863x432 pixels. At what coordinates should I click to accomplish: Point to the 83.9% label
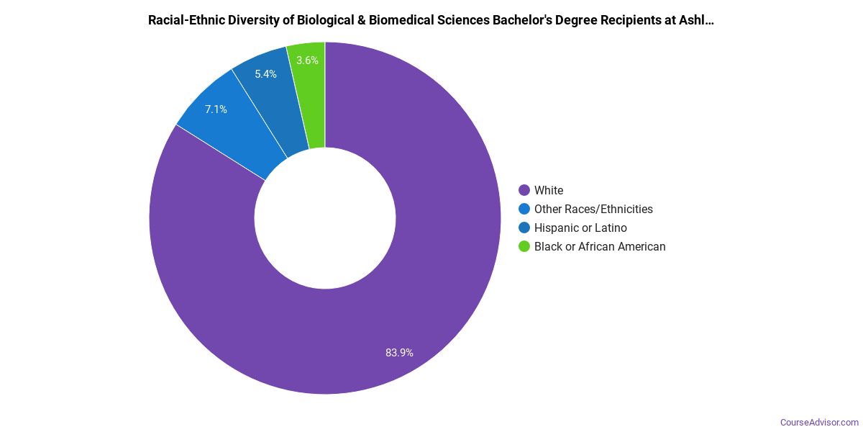(x=399, y=353)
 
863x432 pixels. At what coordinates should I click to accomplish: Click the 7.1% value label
(x=216, y=109)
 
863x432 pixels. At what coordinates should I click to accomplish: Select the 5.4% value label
(x=265, y=74)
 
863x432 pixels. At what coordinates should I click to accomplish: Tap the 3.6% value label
(x=307, y=60)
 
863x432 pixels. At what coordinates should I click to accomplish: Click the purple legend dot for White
(x=524, y=190)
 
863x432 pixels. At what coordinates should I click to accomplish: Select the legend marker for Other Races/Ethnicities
(x=524, y=209)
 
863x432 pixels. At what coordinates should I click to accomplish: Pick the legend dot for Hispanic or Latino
(x=524, y=228)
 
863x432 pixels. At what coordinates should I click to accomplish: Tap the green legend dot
(x=524, y=246)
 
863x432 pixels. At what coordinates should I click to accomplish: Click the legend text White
(x=549, y=190)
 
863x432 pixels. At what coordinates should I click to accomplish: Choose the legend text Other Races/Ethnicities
(x=593, y=209)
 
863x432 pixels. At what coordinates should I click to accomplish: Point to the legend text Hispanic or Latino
(x=580, y=228)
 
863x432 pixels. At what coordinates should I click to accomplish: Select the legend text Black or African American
(x=600, y=246)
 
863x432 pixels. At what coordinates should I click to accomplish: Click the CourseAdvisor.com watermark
(x=819, y=422)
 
